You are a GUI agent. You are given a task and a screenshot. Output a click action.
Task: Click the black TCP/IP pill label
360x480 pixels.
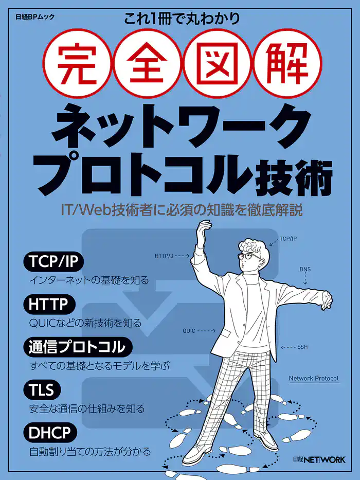coord(53,262)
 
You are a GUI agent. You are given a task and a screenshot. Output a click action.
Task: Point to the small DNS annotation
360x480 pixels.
coord(305,269)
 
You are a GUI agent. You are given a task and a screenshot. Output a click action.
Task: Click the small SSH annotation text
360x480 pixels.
coord(302,347)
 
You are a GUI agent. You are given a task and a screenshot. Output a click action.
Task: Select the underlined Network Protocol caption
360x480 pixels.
coord(314,379)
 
